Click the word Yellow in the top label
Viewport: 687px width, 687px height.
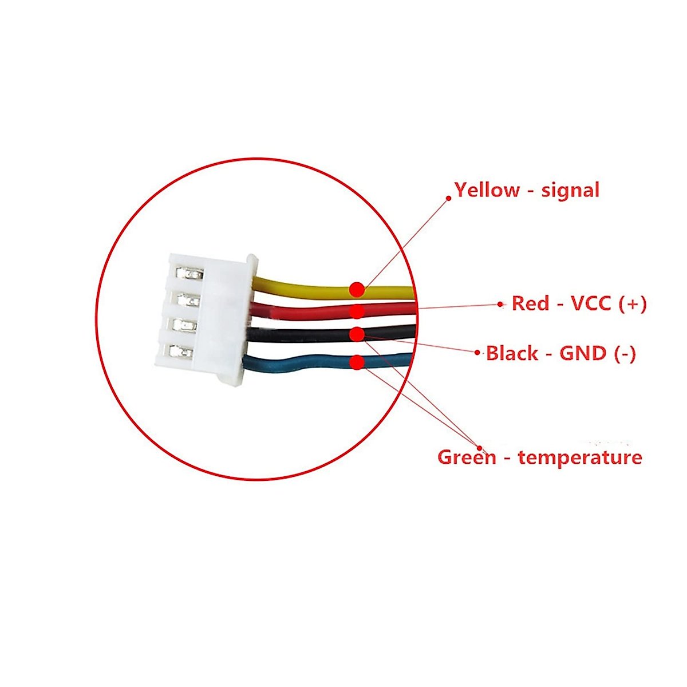click(x=487, y=190)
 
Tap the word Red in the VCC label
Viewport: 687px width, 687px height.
click(x=530, y=303)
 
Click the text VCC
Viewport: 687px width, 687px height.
click(x=592, y=303)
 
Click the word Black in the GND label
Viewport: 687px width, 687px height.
click(x=512, y=353)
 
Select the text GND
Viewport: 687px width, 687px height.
click(x=583, y=353)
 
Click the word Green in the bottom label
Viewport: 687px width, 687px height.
click(x=467, y=457)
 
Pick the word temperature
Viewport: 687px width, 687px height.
click(x=580, y=458)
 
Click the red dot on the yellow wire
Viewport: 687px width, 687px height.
click(x=357, y=289)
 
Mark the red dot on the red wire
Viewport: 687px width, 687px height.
click(x=357, y=311)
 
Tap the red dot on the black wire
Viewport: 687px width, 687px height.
click(x=357, y=334)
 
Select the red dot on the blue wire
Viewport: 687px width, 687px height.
click(x=357, y=362)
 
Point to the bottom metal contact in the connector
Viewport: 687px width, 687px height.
click(x=181, y=352)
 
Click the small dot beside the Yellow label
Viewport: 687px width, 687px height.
click(x=448, y=197)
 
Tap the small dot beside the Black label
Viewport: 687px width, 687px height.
click(x=477, y=353)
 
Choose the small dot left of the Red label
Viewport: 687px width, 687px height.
click(x=500, y=304)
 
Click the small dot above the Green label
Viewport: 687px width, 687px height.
click(x=480, y=448)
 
